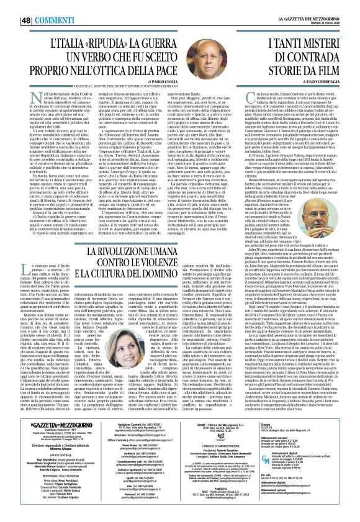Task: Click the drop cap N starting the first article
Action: coord(32,97)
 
